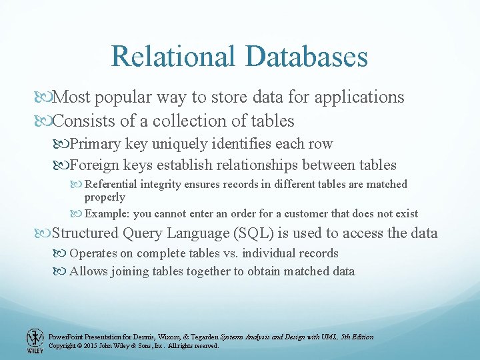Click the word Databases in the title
pyautogui.click(x=307, y=56)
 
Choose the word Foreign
pyautogui.click(x=93, y=165)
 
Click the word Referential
pyautogui.click(x=115, y=184)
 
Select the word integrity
pyautogui.click(x=170, y=184)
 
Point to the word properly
pyautogui.click(x=104, y=197)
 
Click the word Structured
pyautogui.click(x=86, y=233)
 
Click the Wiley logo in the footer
pyautogui.click(x=34, y=341)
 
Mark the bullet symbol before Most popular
pyautogui.click(x=44, y=98)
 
